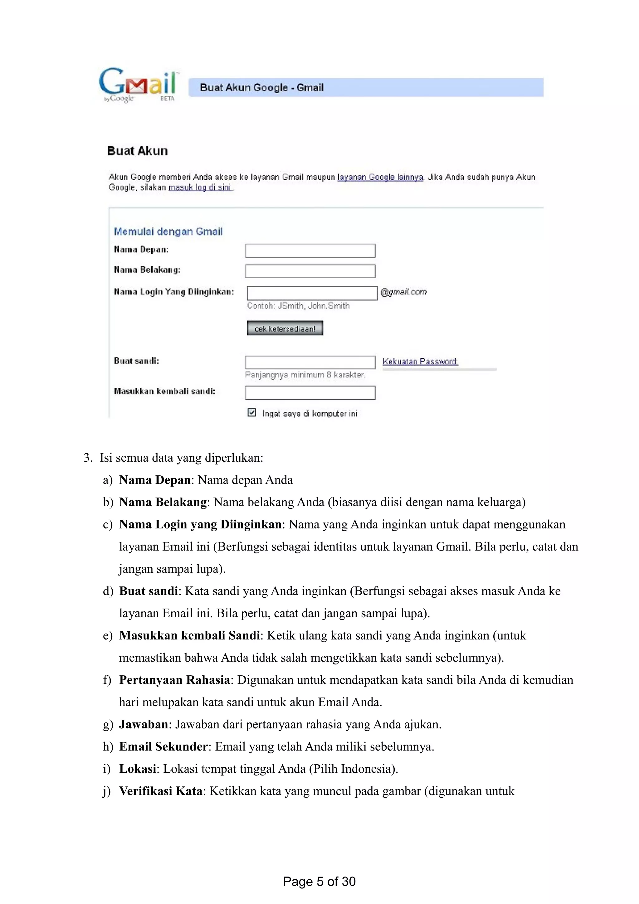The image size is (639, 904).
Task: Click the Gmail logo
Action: click(x=138, y=85)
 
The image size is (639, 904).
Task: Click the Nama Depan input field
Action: click(x=310, y=251)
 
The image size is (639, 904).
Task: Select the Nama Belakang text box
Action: click(x=310, y=271)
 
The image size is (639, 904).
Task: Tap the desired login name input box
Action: click(x=312, y=293)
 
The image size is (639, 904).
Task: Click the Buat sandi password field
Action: click(x=310, y=362)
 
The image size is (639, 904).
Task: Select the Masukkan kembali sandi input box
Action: click(x=310, y=392)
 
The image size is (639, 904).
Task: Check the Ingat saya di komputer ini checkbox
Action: click(x=251, y=412)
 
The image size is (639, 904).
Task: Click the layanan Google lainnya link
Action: click(x=380, y=177)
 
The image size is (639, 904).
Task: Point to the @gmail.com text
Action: click(x=403, y=292)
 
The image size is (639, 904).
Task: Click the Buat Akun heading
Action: click(x=137, y=151)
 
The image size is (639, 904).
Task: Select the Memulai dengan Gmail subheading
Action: click(x=168, y=231)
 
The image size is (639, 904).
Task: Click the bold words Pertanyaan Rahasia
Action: click(x=174, y=680)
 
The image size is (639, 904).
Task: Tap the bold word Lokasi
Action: click(x=137, y=769)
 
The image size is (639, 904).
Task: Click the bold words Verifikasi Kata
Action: click(x=161, y=791)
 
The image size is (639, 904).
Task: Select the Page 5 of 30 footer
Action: click(x=319, y=881)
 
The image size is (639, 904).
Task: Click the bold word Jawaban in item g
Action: click(x=143, y=724)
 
